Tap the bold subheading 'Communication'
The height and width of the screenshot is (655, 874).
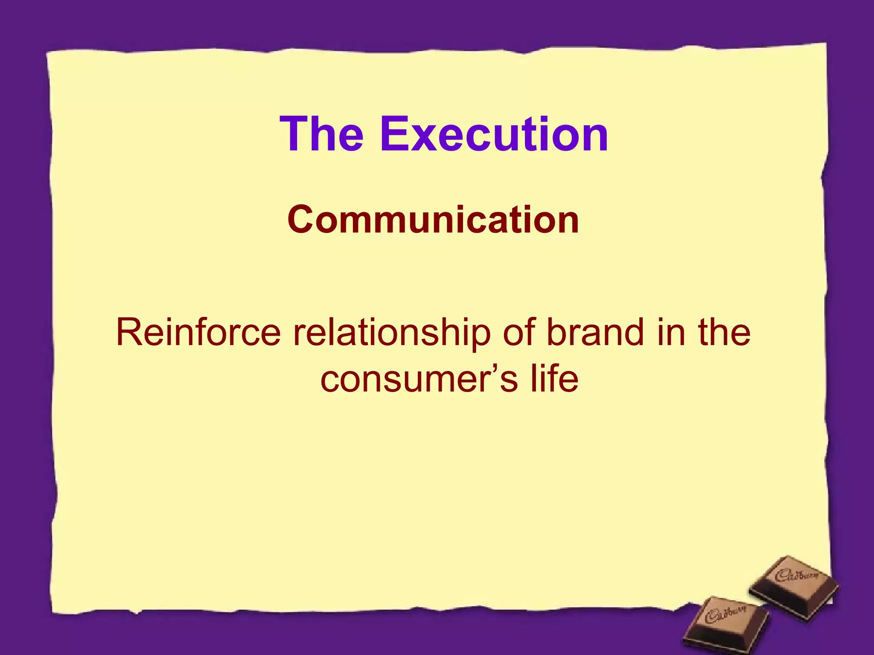click(x=433, y=220)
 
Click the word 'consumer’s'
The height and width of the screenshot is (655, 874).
click(x=419, y=380)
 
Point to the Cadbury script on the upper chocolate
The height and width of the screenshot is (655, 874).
click(x=797, y=576)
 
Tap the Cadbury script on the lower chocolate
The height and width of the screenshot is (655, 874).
click(x=725, y=614)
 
